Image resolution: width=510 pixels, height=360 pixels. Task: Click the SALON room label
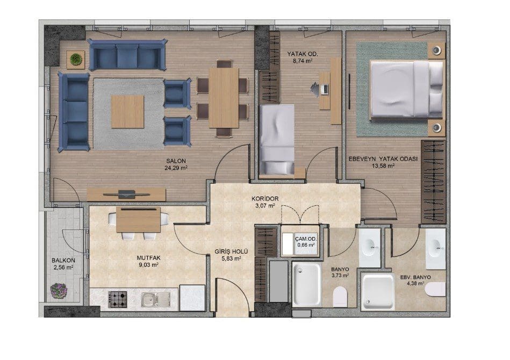pyautogui.click(x=176, y=161)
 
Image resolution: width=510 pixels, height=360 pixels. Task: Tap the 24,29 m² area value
pyautogui.click(x=176, y=168)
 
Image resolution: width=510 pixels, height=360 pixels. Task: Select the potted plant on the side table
pyautogui.click(x=76, y=59)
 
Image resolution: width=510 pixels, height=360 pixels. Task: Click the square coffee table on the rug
pyautogui.click(x=127, y=112)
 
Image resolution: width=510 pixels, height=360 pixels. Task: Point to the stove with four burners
pyautogui.click(x=118, y=299)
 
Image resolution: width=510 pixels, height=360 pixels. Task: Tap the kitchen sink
pyautogui.click(x=156, y=299)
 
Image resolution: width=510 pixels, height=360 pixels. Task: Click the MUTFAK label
pyautogui.click(x=149, y=257)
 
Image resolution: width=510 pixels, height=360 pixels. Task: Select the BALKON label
pyautogui.click(x=63, y=261)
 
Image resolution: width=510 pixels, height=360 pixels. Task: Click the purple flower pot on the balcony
pyautogui.click(x=59, y=290)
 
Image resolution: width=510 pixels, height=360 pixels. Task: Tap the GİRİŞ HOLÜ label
pyautogui.click(x=231, y=251)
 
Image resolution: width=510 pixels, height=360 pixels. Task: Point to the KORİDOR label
pyautogui.click(x=265, y=199)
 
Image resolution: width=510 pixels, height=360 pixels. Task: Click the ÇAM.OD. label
pyautogui.click(x=306, y=239)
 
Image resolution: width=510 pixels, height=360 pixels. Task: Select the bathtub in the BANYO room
pyautogui.click(x=306, y=285)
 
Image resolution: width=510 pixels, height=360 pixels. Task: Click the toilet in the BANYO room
pyautogui.click(x=341, y=296)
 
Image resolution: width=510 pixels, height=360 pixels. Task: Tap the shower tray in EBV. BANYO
pyautogui.click(x=378, y=292)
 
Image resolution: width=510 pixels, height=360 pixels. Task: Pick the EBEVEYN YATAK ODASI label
pyautogui.click(x=383, y=159)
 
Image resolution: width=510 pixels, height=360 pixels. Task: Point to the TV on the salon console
pyautogui.click(x=126, y=194)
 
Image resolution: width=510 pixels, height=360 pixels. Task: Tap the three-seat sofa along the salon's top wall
pyautogui.click(x=127, y=55)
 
